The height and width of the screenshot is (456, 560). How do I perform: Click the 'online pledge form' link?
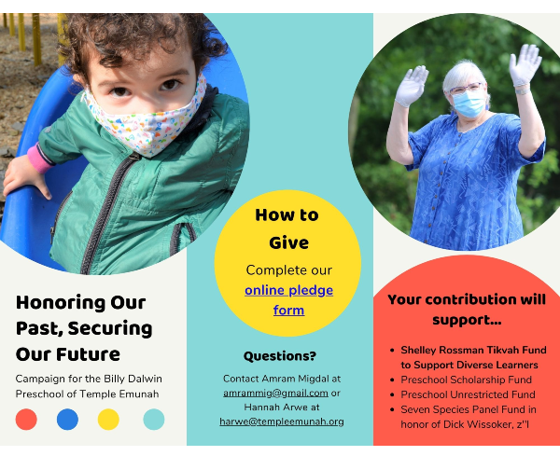(x=288, y=300)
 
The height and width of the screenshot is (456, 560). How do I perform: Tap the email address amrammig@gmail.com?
(x=275, y=393)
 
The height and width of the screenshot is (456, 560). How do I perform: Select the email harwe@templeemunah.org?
(x=282, y=421)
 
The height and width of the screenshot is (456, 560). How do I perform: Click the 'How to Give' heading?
(x=287, y=228)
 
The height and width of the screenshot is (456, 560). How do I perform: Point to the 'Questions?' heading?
(x=280, y=356)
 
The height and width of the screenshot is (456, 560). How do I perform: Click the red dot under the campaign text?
(x=26, y=420)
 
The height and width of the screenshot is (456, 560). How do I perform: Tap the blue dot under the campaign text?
(x=67, y=420)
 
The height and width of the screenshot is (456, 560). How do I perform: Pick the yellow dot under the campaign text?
(x=108, y=420)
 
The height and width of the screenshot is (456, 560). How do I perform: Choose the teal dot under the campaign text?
(x=154, y=420)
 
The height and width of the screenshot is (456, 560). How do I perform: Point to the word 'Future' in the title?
(x=88, y=354)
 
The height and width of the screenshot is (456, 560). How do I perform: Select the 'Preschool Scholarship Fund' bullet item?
(x=466, y=380)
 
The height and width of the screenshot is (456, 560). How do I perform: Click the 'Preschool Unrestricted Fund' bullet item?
(x=468, y=394)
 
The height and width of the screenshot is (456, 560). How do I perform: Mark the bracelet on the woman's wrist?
(x=522, y=91)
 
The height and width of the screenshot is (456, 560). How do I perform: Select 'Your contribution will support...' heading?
(x=467, y=310)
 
